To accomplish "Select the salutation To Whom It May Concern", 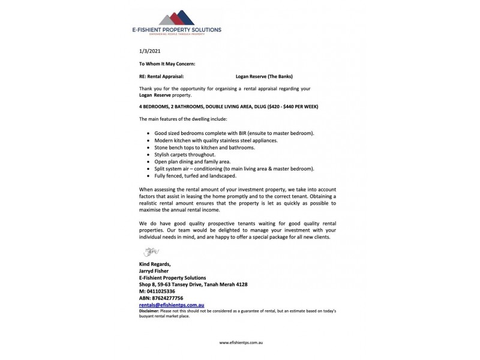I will point(167,64).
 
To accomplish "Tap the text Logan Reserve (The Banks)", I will point(264,76).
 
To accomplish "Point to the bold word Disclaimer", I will point(151,311).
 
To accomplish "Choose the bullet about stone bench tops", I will point(204,147).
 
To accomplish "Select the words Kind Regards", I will point(155,264).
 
